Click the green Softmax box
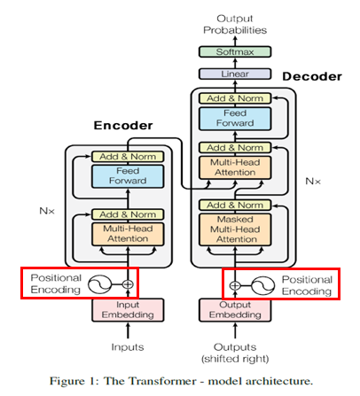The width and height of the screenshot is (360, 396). coord(235,51)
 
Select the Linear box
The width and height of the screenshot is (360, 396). coord(235,74)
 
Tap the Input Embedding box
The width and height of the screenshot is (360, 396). coord(128,310)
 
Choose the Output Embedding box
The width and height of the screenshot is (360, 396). coord(235,310)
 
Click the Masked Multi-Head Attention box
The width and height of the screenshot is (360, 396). coord(235,229)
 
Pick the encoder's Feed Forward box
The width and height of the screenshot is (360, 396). coord(128,176)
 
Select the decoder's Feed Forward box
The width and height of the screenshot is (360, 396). coord(235,119)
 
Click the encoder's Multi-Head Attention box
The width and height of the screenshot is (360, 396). coord(128,234)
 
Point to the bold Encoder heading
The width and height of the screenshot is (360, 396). coord(123,126)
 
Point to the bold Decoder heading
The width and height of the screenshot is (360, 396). coord(312,76)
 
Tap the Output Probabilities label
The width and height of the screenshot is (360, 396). coord(235,24)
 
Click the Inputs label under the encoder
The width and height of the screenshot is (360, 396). coord(128,347)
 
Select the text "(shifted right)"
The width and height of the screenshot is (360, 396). coord(235,359)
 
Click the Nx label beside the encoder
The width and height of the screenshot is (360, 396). coord(47,211)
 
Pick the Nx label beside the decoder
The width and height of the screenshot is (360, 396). coord(313,181)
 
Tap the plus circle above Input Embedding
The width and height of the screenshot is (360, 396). coord(128,284)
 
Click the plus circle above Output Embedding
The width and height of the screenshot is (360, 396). coord(235,285)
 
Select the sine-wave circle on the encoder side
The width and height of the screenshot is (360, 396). coord(99,284)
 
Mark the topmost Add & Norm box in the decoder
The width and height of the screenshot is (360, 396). coord(235,98)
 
